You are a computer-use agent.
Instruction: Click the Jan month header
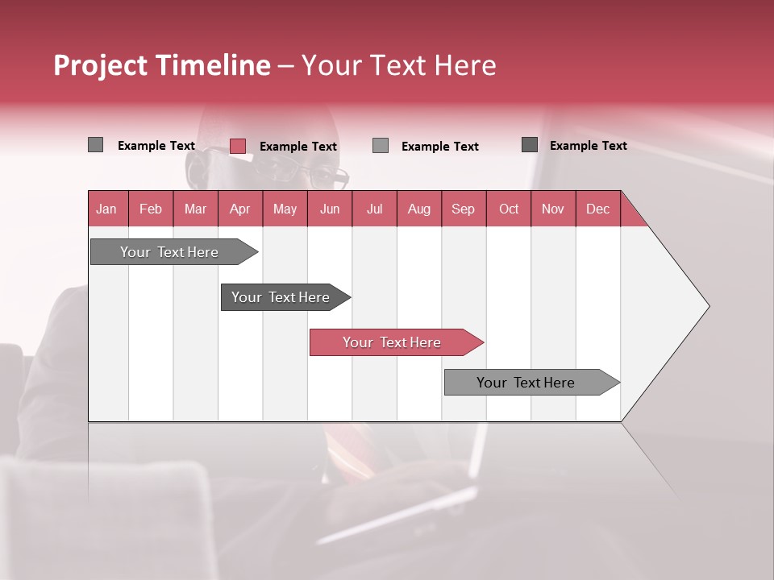(x=106, y=209)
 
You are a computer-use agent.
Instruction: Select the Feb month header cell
(x=151, y=209)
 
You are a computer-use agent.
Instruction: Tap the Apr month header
(x=240, y=209)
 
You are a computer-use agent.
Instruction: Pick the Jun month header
(x=330, y=209)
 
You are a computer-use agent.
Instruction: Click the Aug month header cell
(x=419, y=209)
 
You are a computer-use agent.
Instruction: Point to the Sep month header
(x=464, y=209)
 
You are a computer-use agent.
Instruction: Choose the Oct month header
(x=509, y=209)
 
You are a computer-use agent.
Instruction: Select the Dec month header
(x=598, y=209)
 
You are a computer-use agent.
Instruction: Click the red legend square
(x=238, y=146)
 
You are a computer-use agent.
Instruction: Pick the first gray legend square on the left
(x=96, y=145)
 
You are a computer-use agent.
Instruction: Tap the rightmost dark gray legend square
(x=530, y=145)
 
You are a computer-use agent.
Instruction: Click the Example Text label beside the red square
(x=298, y=147)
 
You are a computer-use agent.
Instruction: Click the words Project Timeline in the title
(x=162, y=65)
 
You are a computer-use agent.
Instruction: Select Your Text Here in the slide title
(x=399, y=65)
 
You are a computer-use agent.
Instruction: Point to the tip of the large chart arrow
(x=708, y=306)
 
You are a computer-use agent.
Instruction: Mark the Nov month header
(x=553, y=209)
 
